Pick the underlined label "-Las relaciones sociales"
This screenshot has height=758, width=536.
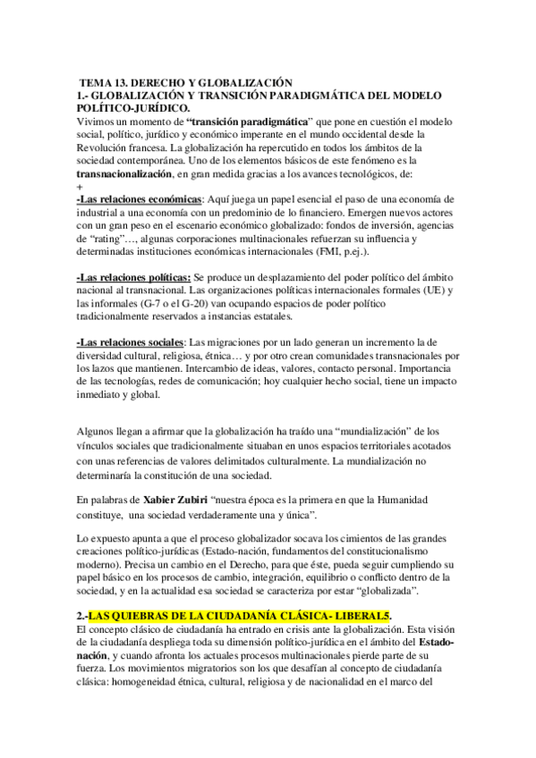132,342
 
